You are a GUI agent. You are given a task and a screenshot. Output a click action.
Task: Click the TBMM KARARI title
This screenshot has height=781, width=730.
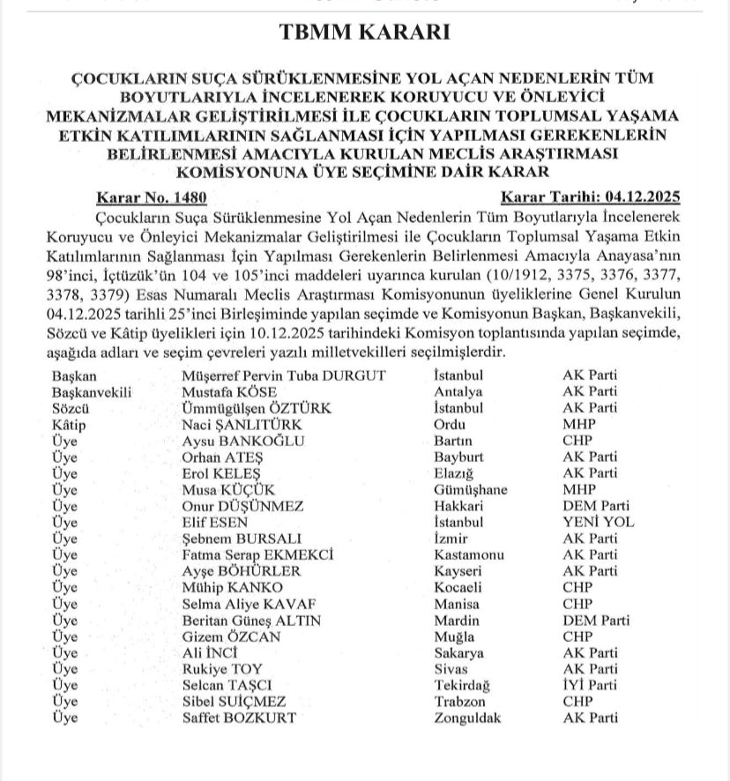364,33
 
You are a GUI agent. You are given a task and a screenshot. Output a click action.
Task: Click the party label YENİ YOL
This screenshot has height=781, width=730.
599,522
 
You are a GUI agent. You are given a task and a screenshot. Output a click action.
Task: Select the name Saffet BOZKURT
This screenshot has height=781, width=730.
238,718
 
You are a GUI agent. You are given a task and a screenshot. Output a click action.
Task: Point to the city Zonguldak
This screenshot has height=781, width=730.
467,718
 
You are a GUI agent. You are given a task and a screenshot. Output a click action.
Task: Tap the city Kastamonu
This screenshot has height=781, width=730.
470,554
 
